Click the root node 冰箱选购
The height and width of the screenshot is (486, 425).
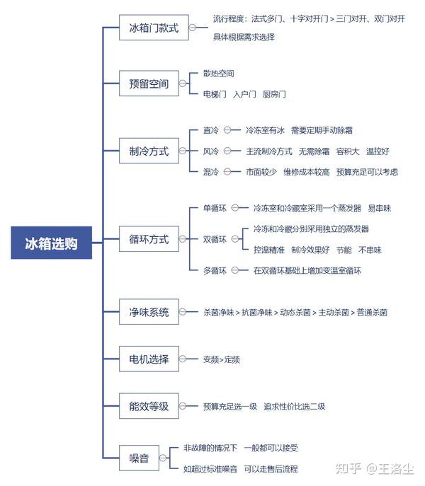click(52, 243)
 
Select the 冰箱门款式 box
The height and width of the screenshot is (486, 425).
click(154, 28)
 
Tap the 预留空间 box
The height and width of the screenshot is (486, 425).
click(149, 83)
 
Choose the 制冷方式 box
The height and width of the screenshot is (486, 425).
click(149, 151)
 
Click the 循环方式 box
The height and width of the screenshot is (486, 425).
click(149, 239)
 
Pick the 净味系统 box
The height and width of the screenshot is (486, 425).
click(149, 312)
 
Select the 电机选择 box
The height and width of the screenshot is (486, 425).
click(149, 359)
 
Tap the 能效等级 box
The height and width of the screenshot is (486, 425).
click(149, 406)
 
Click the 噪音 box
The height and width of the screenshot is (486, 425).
click(139, 458)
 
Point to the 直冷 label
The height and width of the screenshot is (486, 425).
click(211, 130)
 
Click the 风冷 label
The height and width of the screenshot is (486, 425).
click(211, 151)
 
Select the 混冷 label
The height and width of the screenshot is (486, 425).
click(211, 172)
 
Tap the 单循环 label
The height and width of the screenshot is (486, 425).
click(215, 208)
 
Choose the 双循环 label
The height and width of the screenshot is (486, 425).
click(215, 239)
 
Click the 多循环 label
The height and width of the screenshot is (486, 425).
click(215, 270)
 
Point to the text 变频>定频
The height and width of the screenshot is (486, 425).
click(221, 359)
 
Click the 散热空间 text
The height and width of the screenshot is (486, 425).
click(219, 74)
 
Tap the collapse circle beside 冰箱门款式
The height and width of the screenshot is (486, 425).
click(193, 28)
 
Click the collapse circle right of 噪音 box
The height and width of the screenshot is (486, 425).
click(163, 458)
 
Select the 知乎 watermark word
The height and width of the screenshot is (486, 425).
click(348, 468)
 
